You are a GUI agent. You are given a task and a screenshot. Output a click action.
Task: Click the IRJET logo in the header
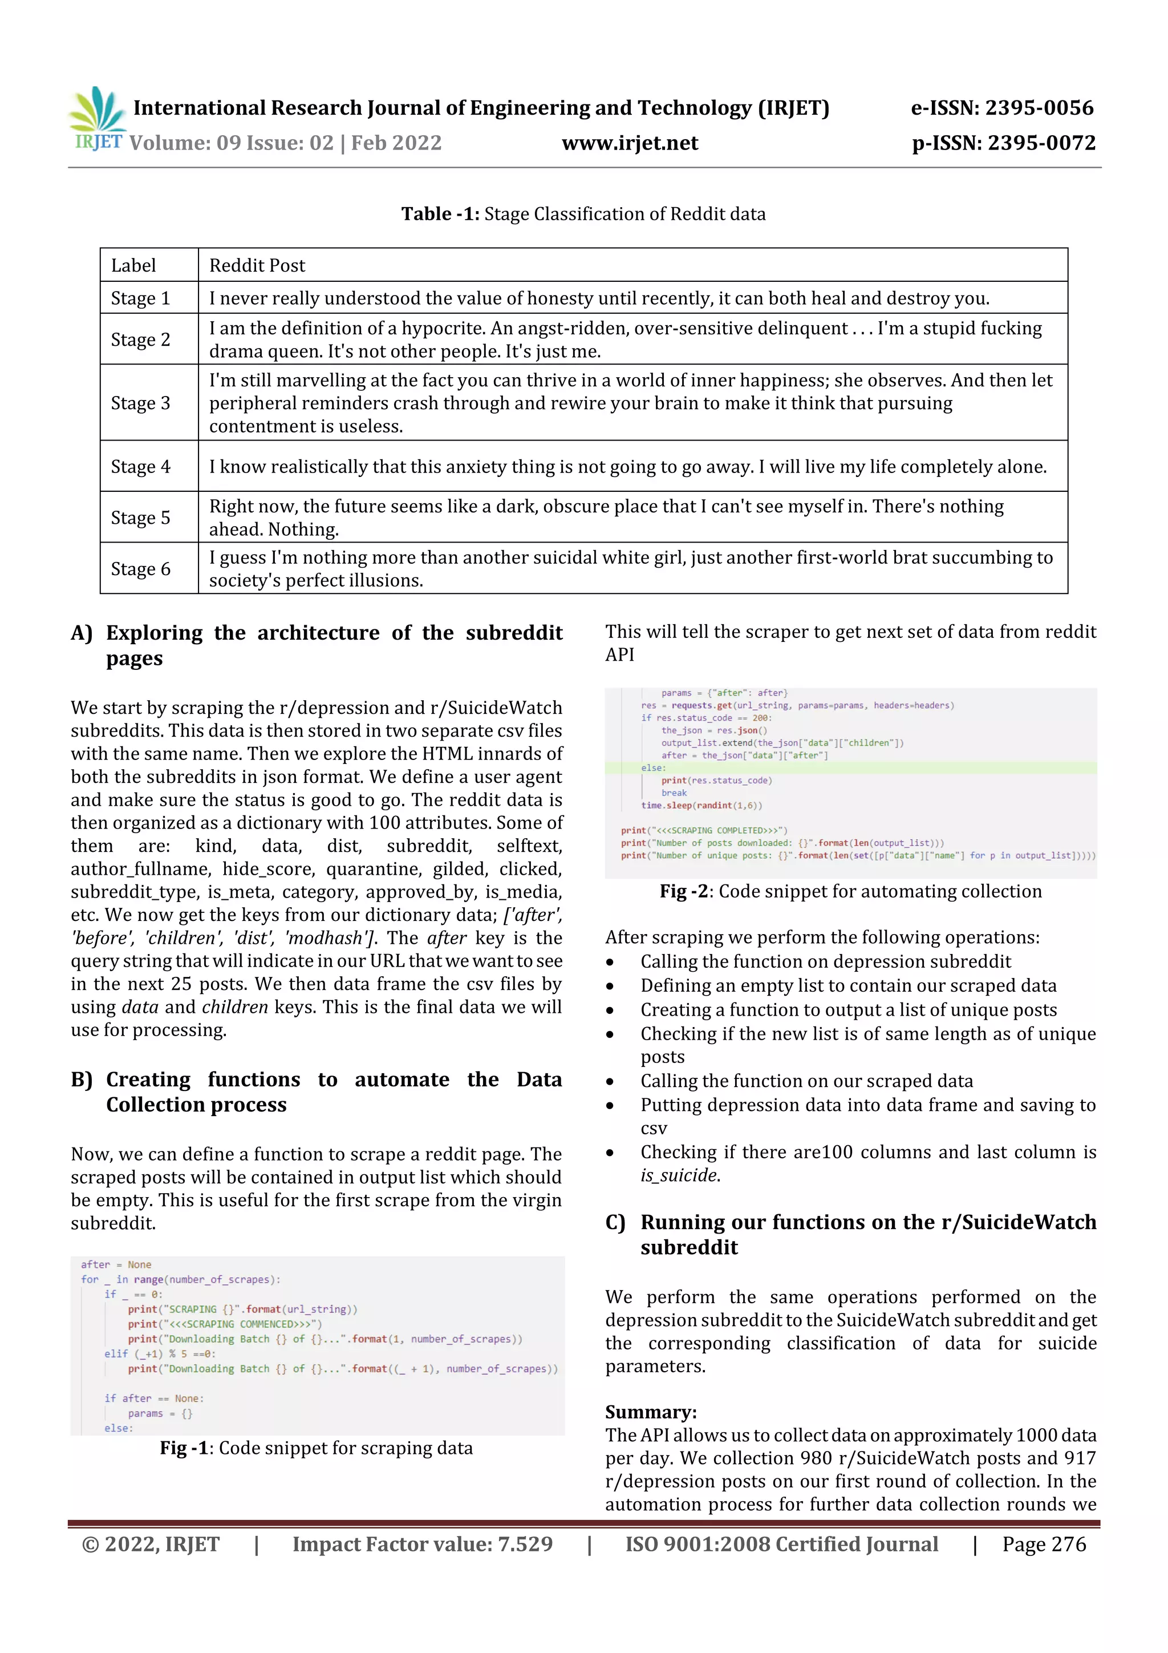tap(97, 118)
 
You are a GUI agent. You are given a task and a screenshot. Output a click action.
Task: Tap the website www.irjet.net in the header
tap(630, 143)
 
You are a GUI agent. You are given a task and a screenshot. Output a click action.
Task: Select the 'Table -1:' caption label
tap(440, 214)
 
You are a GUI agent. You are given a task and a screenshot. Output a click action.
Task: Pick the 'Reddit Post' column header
tap(257, 266)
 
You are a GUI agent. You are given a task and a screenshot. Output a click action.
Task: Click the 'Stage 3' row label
tap(140, 403)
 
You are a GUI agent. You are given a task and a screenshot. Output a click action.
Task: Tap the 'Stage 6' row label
tap(140, 569)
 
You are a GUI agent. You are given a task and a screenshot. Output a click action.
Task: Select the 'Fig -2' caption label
tap(684, 891)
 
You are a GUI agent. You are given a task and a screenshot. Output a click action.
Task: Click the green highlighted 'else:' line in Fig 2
tap(654, 768)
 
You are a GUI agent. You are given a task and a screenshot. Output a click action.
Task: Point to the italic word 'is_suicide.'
tap(680, 1175)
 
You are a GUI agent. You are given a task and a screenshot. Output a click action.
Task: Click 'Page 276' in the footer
tap(1044, 1543)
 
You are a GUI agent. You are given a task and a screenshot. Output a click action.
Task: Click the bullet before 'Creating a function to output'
tap(610, 1011)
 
